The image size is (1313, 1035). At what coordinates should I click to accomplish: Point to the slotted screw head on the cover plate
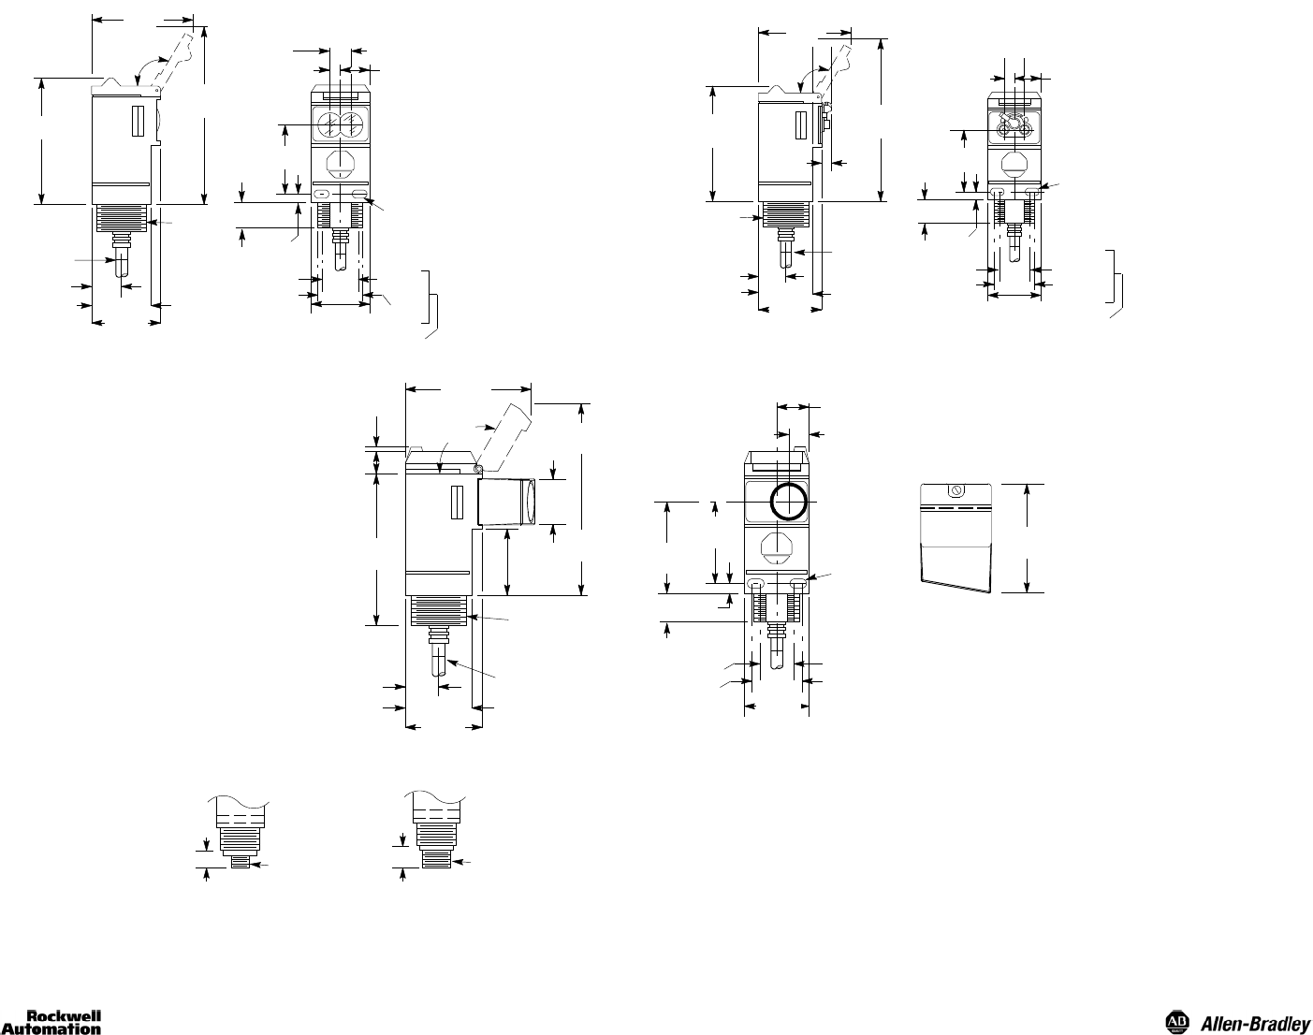pos(956,490)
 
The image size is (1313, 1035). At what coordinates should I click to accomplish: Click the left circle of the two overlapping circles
pos(329,125)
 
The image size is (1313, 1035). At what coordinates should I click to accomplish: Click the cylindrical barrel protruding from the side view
pos(506,503)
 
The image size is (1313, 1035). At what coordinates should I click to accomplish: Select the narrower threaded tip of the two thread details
pos(241,862)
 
